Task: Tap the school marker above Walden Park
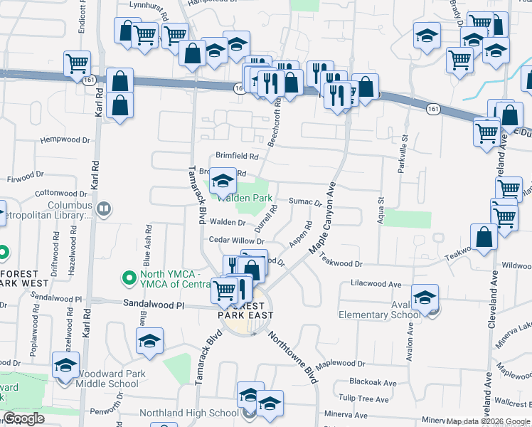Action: pos(223,182)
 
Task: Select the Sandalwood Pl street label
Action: pos(153,304)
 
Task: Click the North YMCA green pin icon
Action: pos(129,277)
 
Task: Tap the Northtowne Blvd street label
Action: pos(293,359)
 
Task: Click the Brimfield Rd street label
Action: pos(238,156)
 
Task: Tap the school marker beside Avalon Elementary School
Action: pos(425,299)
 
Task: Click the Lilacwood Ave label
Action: pos(377,283)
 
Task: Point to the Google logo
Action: pos(23,418)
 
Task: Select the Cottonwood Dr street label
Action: pos(60,193)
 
